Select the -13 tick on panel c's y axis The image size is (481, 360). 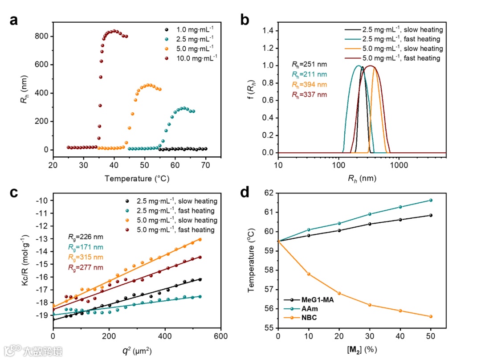point(43,239)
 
